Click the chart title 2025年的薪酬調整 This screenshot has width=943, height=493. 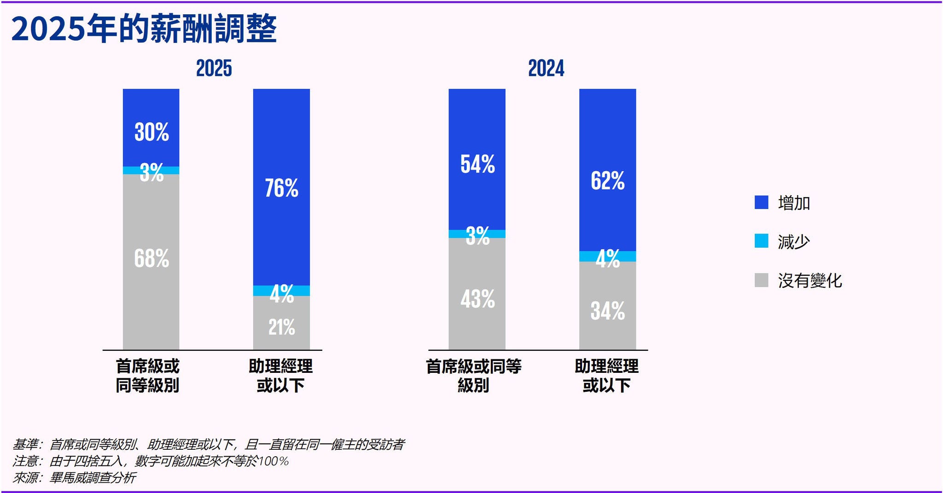pos(144,29)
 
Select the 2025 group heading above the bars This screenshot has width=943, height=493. pos(214,69)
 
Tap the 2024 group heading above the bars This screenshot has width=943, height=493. pos(546,69)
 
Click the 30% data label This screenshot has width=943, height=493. pos(151,132)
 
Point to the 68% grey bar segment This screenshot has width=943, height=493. pos(151,258)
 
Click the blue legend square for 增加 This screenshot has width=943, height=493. pos(761,203)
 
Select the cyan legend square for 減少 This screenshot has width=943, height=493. pos(761,241)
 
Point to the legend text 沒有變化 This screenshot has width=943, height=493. pos(809,280)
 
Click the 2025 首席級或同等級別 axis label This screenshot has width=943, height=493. pos(147,376)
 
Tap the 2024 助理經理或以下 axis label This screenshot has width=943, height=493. pos(606,376)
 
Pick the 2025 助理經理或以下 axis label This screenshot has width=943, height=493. pos(280,376)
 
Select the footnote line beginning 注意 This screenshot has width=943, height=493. pos(150,461)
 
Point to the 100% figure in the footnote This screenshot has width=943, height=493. pos(274,461)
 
